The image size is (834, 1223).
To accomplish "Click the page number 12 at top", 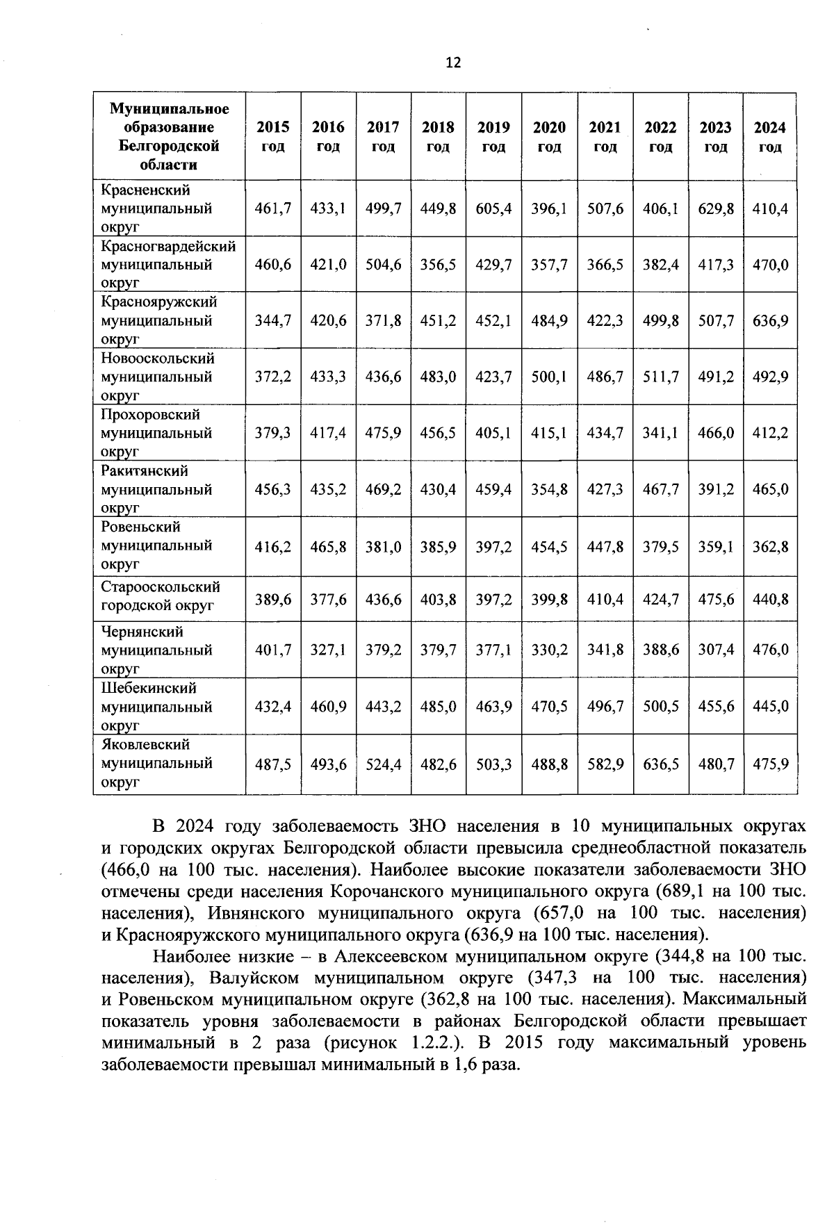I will [x=452, y=63].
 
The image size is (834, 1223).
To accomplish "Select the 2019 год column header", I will [x=493, y=137].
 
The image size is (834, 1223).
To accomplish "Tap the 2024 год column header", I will [x=770, y=137].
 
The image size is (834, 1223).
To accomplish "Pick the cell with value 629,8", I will [x=716, y=208].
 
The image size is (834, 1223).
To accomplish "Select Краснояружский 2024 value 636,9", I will [x=770, y=321].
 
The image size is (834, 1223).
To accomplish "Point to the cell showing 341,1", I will [x=660, y=433].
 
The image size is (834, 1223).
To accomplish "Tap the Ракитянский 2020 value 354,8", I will [x=549, y=489].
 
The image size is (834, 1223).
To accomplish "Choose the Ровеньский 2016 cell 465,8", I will [x=328, y=546].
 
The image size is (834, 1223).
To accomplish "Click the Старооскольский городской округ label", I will [x=161, y=596].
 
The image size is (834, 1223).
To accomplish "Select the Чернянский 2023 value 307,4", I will [x=716, y=650].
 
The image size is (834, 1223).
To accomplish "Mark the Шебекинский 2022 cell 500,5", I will [x=660, y=707].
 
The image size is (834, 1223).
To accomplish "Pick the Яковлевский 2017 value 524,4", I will [x=383, y=764].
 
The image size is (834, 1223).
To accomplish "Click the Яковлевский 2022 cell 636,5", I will [x=660, y=764].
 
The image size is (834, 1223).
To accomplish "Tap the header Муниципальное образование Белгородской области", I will [x=169, y=137].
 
